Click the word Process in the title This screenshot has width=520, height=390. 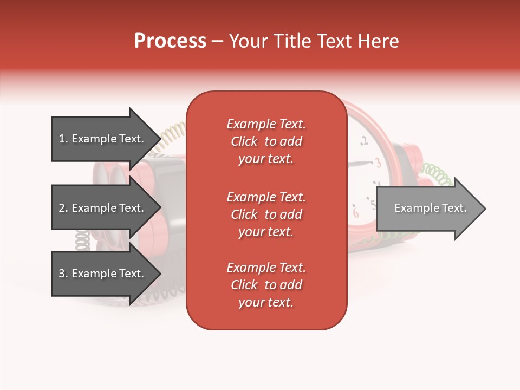[170, 41]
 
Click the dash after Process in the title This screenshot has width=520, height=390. [218, 42]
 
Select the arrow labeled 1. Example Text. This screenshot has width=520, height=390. [103, 139]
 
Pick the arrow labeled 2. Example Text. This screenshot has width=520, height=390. [103, 208]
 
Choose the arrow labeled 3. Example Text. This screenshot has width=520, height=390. [103, 274]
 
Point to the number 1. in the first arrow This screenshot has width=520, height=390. [63, 139]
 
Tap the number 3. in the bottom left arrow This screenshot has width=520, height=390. [63, 274]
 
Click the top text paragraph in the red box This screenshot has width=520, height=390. [266, 141]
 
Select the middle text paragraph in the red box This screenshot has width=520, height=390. [266, 214]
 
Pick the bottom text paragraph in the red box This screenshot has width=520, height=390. [266, 285]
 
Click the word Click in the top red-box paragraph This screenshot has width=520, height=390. [244, 141]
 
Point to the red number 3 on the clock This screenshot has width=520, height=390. [378, 162]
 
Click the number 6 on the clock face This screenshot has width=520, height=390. [356, 212]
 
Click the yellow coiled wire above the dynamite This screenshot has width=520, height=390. [172, 135]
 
